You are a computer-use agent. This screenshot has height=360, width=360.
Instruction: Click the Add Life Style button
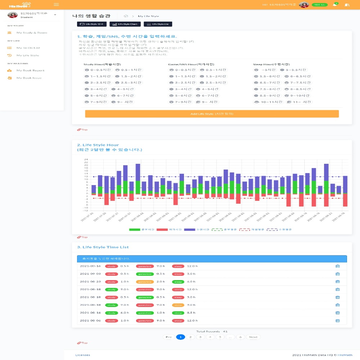click(212, 114)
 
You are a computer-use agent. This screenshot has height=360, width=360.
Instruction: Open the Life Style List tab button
click(158, 24)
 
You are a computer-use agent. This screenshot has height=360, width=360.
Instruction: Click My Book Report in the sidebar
click(30, 71)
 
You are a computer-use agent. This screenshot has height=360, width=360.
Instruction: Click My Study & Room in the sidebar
click(32, 33)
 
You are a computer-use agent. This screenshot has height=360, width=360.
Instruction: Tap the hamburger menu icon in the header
click(56, 4)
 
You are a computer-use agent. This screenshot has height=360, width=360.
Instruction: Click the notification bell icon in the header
click(335, 5)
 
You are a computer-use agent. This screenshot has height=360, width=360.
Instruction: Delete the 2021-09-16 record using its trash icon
click(337, 266)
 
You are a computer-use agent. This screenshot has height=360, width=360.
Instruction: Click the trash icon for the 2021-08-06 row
click(337, 320)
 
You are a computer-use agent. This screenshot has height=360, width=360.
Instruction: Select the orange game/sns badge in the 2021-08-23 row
click(145, 282)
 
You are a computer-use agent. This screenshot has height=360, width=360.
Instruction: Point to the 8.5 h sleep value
click(192, 313)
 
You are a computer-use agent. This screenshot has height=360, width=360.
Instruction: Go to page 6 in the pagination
click(241, 337)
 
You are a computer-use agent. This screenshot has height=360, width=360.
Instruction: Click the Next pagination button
click(253, 337)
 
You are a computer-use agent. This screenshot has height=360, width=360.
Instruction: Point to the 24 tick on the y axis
click(86, 159)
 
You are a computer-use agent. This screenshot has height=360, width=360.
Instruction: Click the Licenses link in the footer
click(83, 355)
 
